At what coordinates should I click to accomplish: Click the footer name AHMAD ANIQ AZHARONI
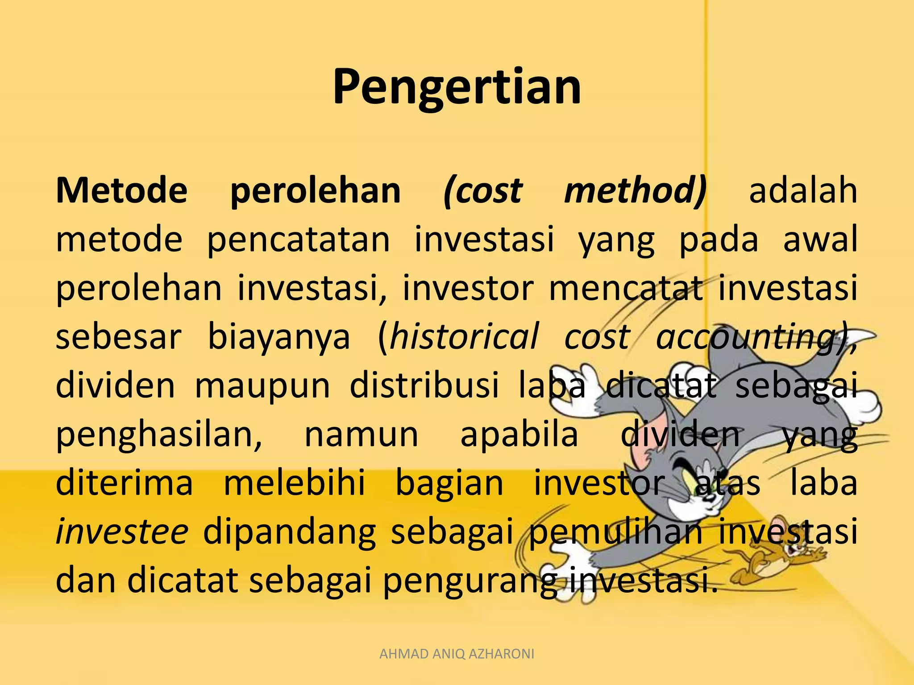click(457, 654)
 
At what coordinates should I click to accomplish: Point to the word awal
click(820, 239)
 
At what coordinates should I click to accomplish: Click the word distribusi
click(424, 385)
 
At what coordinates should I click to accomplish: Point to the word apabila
click(519, 434)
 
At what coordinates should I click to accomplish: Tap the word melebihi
click(294, 483)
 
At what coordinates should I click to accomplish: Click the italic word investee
click(122, 532)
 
